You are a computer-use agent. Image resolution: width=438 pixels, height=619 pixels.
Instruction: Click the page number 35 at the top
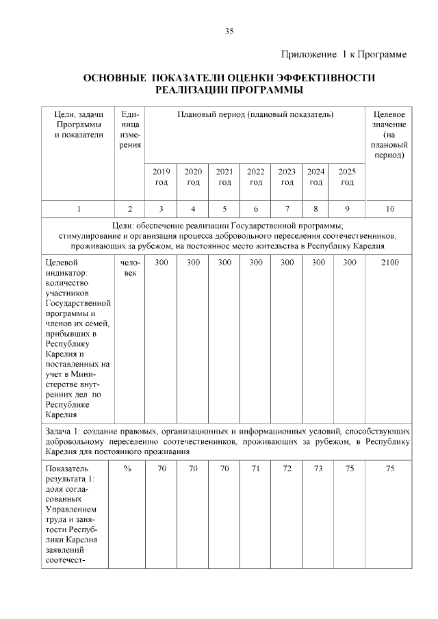tap(229, 31)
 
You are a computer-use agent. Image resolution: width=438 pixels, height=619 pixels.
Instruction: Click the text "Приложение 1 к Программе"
tap(344, 54)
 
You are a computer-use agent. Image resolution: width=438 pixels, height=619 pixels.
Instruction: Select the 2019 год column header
tap(161, 177)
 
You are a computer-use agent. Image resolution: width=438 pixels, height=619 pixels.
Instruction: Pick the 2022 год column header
tap(256, 177)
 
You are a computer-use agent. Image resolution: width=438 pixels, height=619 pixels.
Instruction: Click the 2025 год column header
tap(348, 177)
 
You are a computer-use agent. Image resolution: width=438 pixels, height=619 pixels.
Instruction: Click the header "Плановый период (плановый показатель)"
tap(255, 115)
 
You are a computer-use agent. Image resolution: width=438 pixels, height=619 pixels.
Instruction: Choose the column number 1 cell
tap(79, 209)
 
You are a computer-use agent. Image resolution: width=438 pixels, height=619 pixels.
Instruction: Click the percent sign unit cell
tap(129, 469)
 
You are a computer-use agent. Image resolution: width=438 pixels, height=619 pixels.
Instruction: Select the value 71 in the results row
tap(256, 469)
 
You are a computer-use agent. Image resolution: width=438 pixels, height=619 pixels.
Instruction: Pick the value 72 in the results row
tap(287, 469)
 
